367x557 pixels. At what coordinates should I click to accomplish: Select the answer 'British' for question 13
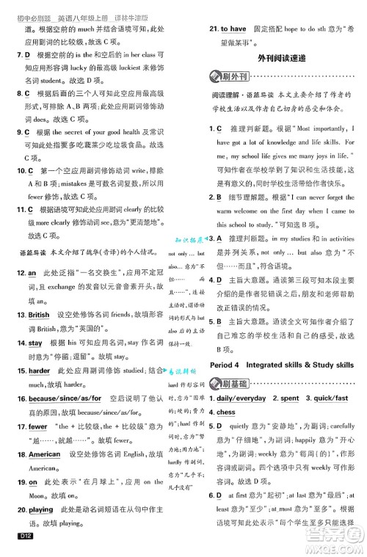(39, 315)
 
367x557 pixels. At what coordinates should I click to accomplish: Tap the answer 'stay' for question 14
(35, 343)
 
